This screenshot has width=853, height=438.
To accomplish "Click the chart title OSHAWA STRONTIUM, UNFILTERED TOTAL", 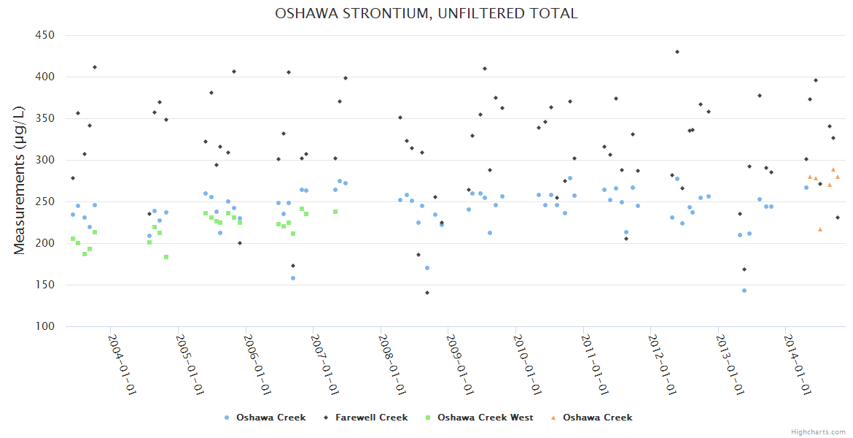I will click(426, 14).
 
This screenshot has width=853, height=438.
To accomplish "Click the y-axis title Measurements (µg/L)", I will click(20, 181).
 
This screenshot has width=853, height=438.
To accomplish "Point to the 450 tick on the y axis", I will click(45, 35).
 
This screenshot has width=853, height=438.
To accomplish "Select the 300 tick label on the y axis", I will click(45, 160).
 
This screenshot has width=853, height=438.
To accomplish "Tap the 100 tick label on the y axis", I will click(45, 326).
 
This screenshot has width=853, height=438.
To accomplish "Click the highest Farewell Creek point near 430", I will click(677, 52).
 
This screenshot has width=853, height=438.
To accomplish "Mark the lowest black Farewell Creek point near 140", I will click(427, 293).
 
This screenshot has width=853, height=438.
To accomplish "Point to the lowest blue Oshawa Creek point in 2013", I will click(744, 291).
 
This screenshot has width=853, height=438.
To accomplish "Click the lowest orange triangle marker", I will click(820, 229).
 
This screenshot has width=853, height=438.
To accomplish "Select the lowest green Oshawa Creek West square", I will click(166, 257).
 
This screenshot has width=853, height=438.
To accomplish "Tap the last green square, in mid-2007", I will click(335, 212).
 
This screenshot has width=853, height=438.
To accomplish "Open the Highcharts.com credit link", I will click(818, 431).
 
